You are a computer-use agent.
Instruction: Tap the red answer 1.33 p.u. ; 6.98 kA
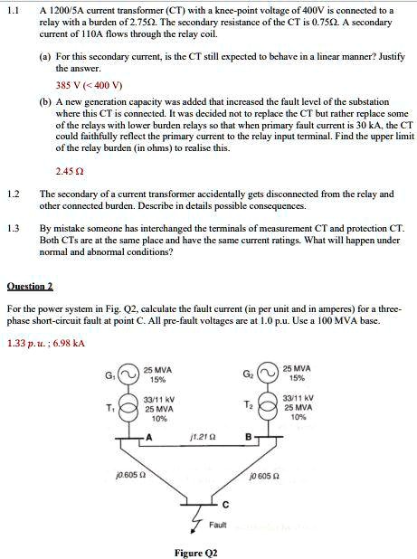coord(45,343)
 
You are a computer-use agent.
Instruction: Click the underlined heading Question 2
coord(30,285)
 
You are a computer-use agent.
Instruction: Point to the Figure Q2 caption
coord(195,552)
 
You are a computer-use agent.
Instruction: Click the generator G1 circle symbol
coord(131,374)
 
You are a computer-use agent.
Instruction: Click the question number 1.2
coord(13,194)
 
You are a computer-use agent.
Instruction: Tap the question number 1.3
coord(13,227)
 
